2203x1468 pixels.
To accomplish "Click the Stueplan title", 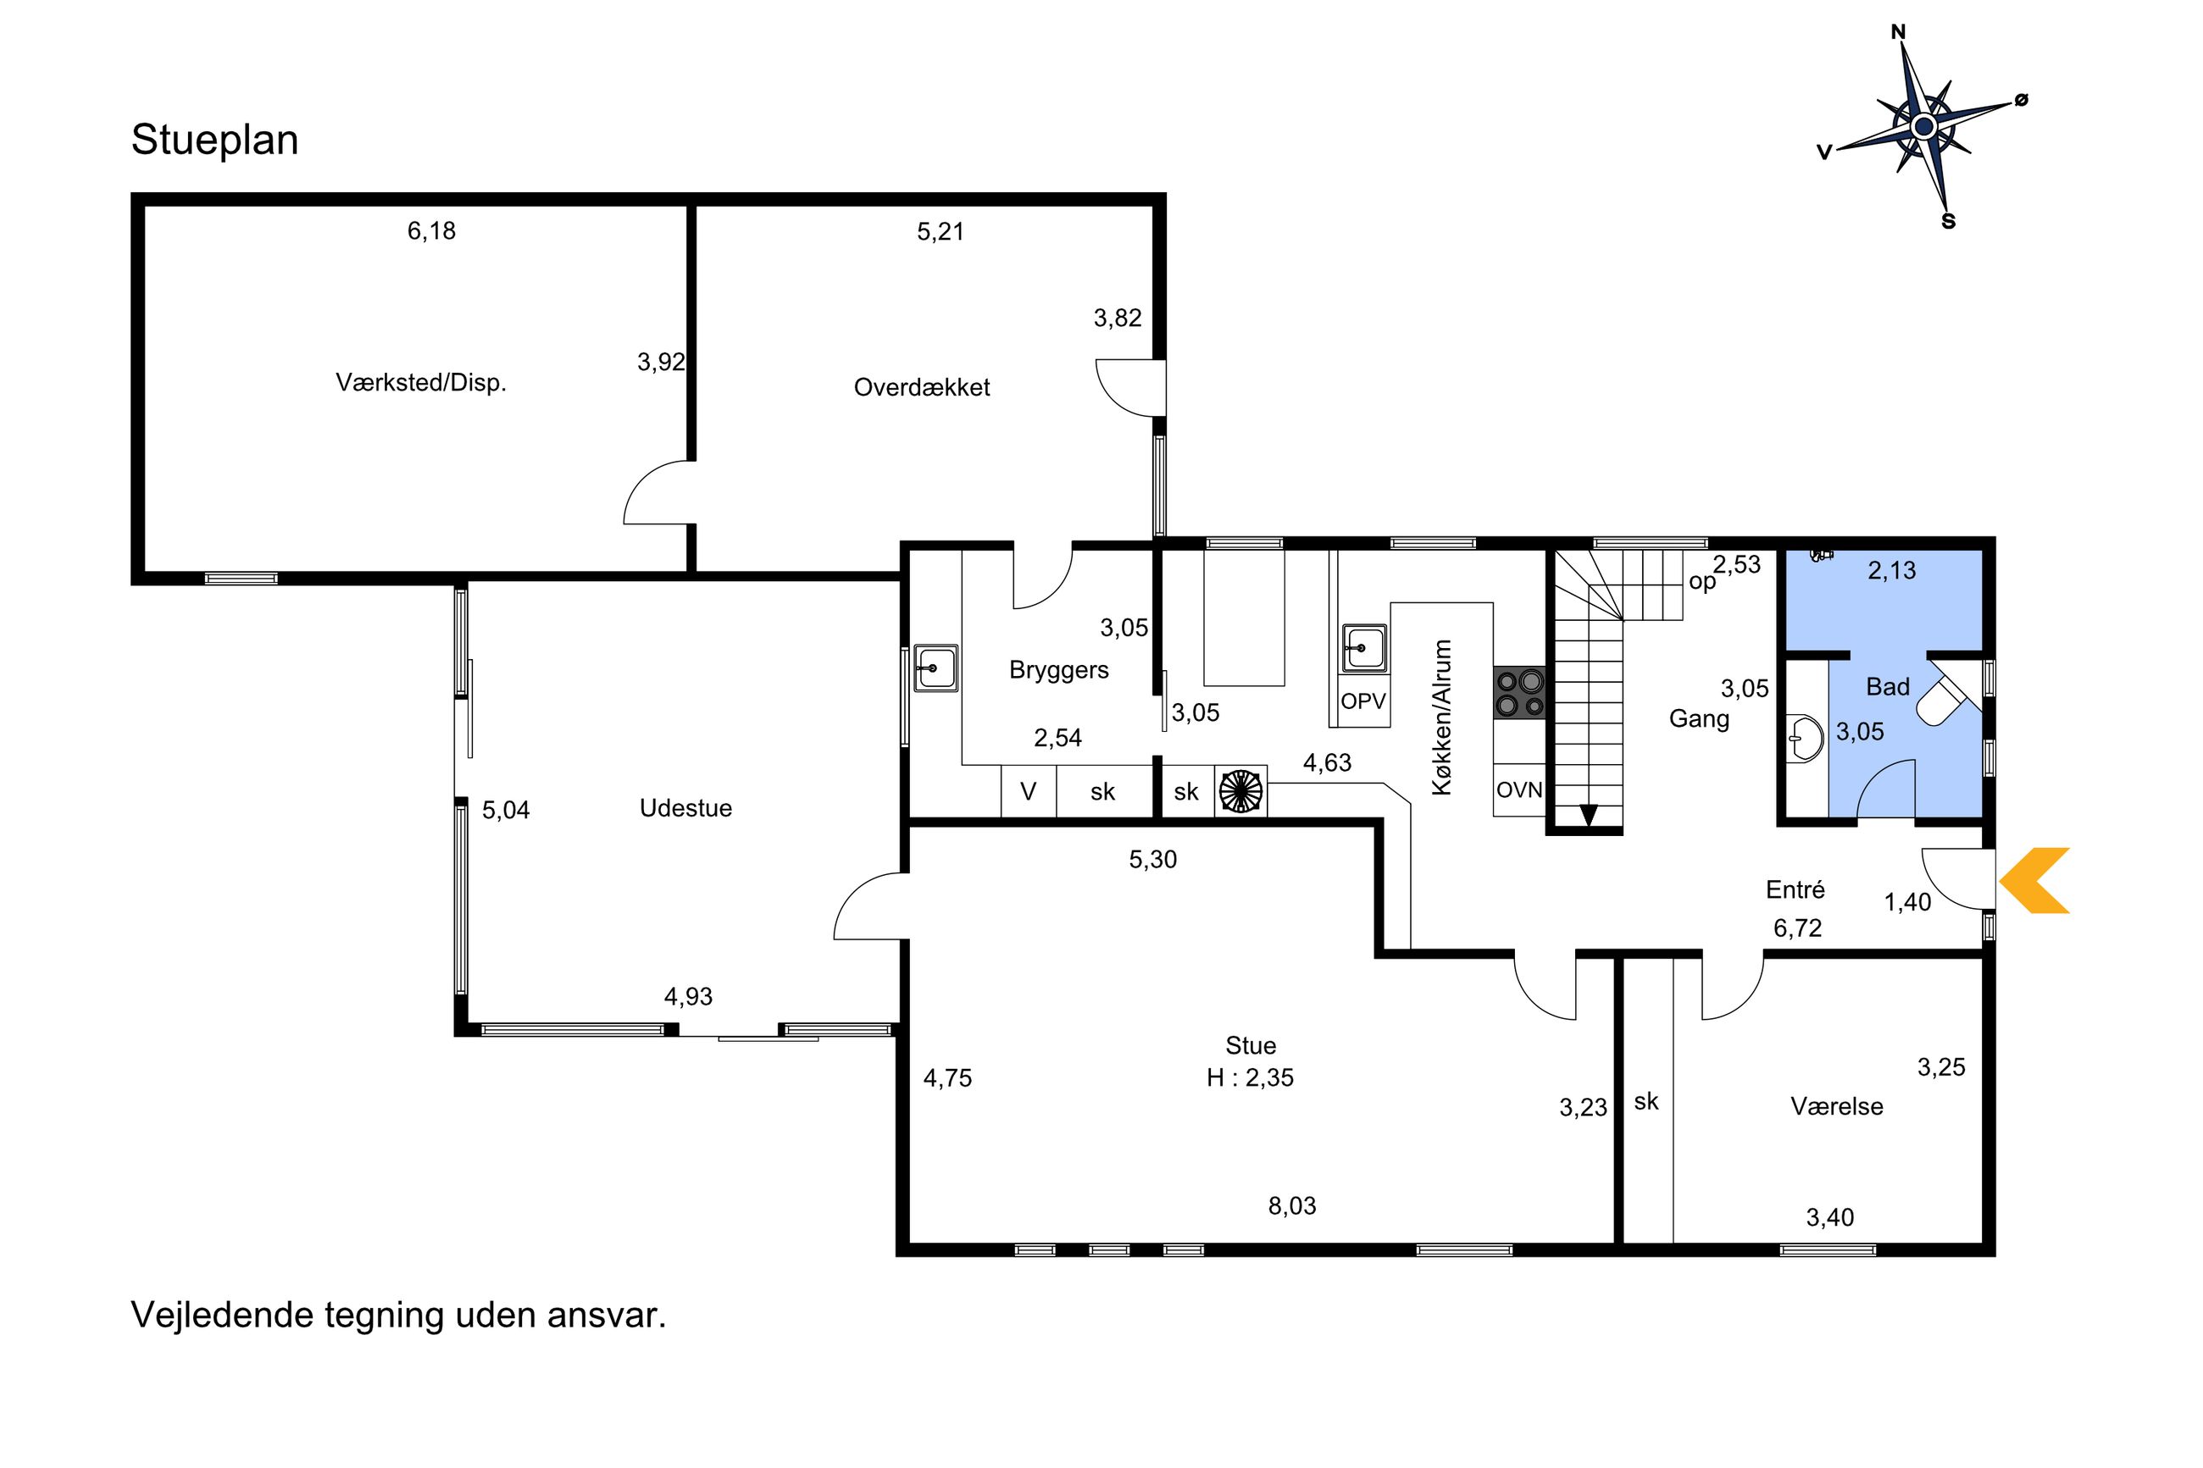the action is [x=214, y=141].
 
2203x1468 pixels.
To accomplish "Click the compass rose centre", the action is [x=1923, y=126].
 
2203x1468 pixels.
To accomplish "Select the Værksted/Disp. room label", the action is [x=420, y=382].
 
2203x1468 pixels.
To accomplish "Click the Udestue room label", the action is [x=685, y=808].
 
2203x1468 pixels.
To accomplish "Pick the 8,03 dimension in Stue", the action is [x=1292, y=1206].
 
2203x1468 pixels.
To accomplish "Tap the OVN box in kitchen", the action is [x=1518, y=790].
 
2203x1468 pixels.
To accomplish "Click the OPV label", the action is [x=1362, y=701].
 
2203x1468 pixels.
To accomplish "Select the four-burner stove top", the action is [x=1518, y=692].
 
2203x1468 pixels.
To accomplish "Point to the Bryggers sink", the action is [x=935, y=668].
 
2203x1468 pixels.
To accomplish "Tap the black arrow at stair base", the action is [x=1588, y=816].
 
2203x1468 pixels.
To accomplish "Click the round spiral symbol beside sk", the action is [x=1240, y=791].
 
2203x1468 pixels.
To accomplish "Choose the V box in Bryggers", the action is [x=1028, y=792].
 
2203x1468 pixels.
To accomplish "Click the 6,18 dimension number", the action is [x=431, y=231].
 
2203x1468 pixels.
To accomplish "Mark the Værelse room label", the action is [x=1837, y=1105].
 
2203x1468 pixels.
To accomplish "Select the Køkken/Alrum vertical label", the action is [x=1442, y=717].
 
